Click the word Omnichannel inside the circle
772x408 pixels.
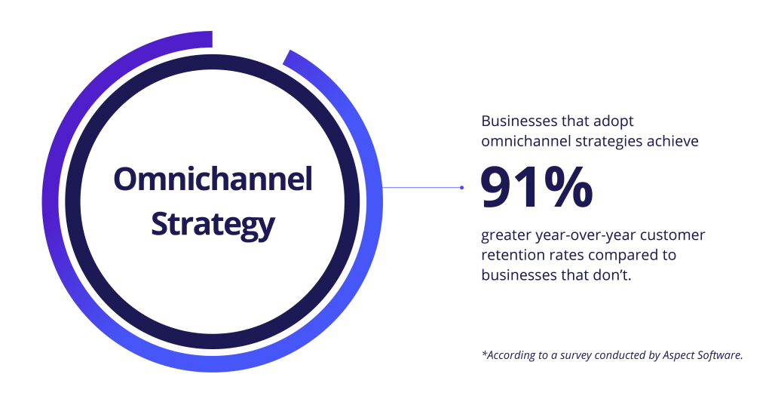(x=213, y=179)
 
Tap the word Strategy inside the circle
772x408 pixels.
(x=213, y=225)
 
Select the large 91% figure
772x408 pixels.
(x=537, y=188)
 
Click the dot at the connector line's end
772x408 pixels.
(x=462, y=187)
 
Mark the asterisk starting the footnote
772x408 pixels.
(x=484, y=353)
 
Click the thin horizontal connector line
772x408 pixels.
(x=421, y=187)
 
